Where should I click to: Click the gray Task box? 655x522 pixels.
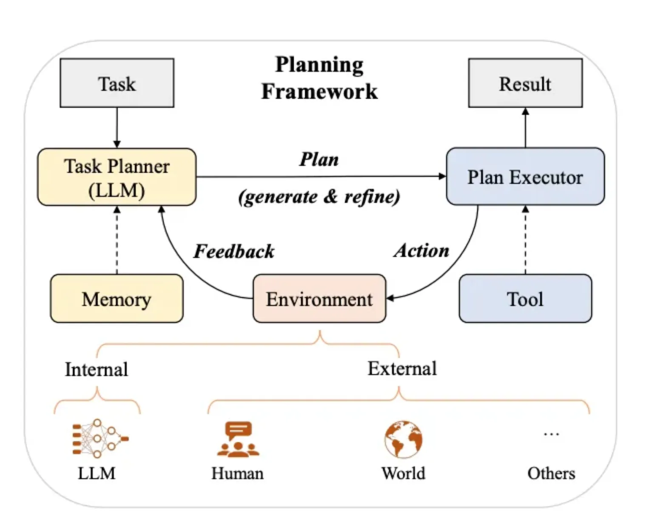tap(117, 83)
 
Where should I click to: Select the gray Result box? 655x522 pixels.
tap(525, 83)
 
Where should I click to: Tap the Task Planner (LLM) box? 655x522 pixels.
tap(117, 177)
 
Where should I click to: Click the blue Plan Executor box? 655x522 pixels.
tap(525, 177)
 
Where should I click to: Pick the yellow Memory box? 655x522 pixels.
tap(117, 298)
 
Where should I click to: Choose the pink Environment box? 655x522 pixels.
tap(319, 298)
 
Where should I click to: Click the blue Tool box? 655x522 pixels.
tap(525, 298)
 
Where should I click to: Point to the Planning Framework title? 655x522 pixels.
tap(319, 78)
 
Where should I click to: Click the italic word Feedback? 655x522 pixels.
tap(234, 251)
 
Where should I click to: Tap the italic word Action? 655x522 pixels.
tap(421, 250)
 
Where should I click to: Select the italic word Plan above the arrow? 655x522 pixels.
tap(319, 159)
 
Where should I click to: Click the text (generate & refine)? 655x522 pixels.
tap(319, 196)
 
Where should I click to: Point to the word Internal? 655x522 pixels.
tap(97, 369)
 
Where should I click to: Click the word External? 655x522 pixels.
tap(402, 368)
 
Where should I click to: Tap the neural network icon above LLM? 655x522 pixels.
tap(100, 439)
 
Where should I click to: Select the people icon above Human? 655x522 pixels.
tap(238, 439)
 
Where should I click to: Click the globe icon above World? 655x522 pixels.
tap(403, 439)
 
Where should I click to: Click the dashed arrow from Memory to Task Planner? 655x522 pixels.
tap(117, 241)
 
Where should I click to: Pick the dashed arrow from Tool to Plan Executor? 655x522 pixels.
tap(525, 241)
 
